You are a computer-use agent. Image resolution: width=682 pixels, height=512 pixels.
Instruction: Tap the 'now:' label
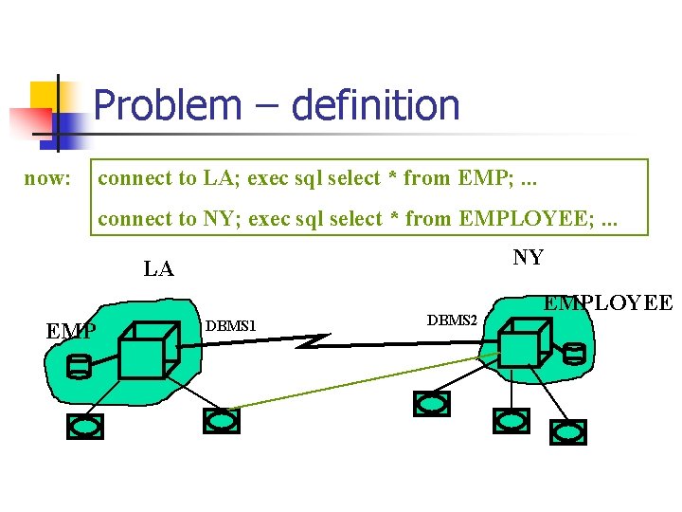[48, 177]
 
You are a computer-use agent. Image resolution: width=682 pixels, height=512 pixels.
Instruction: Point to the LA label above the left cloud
[158, 268]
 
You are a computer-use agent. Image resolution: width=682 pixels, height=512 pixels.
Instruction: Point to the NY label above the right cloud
[528, 257]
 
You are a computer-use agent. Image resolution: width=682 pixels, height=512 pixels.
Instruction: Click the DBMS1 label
[231, 326]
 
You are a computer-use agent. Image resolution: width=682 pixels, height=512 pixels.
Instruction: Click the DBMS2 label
[453, 320]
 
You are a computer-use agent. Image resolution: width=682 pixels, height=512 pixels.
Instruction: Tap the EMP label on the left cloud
[70, 331]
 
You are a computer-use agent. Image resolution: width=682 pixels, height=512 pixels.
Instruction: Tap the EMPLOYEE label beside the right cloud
[607, 303]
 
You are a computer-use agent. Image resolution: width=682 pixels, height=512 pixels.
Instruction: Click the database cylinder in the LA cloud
[81, 367]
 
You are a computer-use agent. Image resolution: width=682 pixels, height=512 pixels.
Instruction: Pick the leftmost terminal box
[85, 427]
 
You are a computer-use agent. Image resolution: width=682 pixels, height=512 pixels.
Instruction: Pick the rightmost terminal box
[569, 432]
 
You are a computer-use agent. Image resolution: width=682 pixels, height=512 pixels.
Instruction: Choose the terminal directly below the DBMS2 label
[432, 403]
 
